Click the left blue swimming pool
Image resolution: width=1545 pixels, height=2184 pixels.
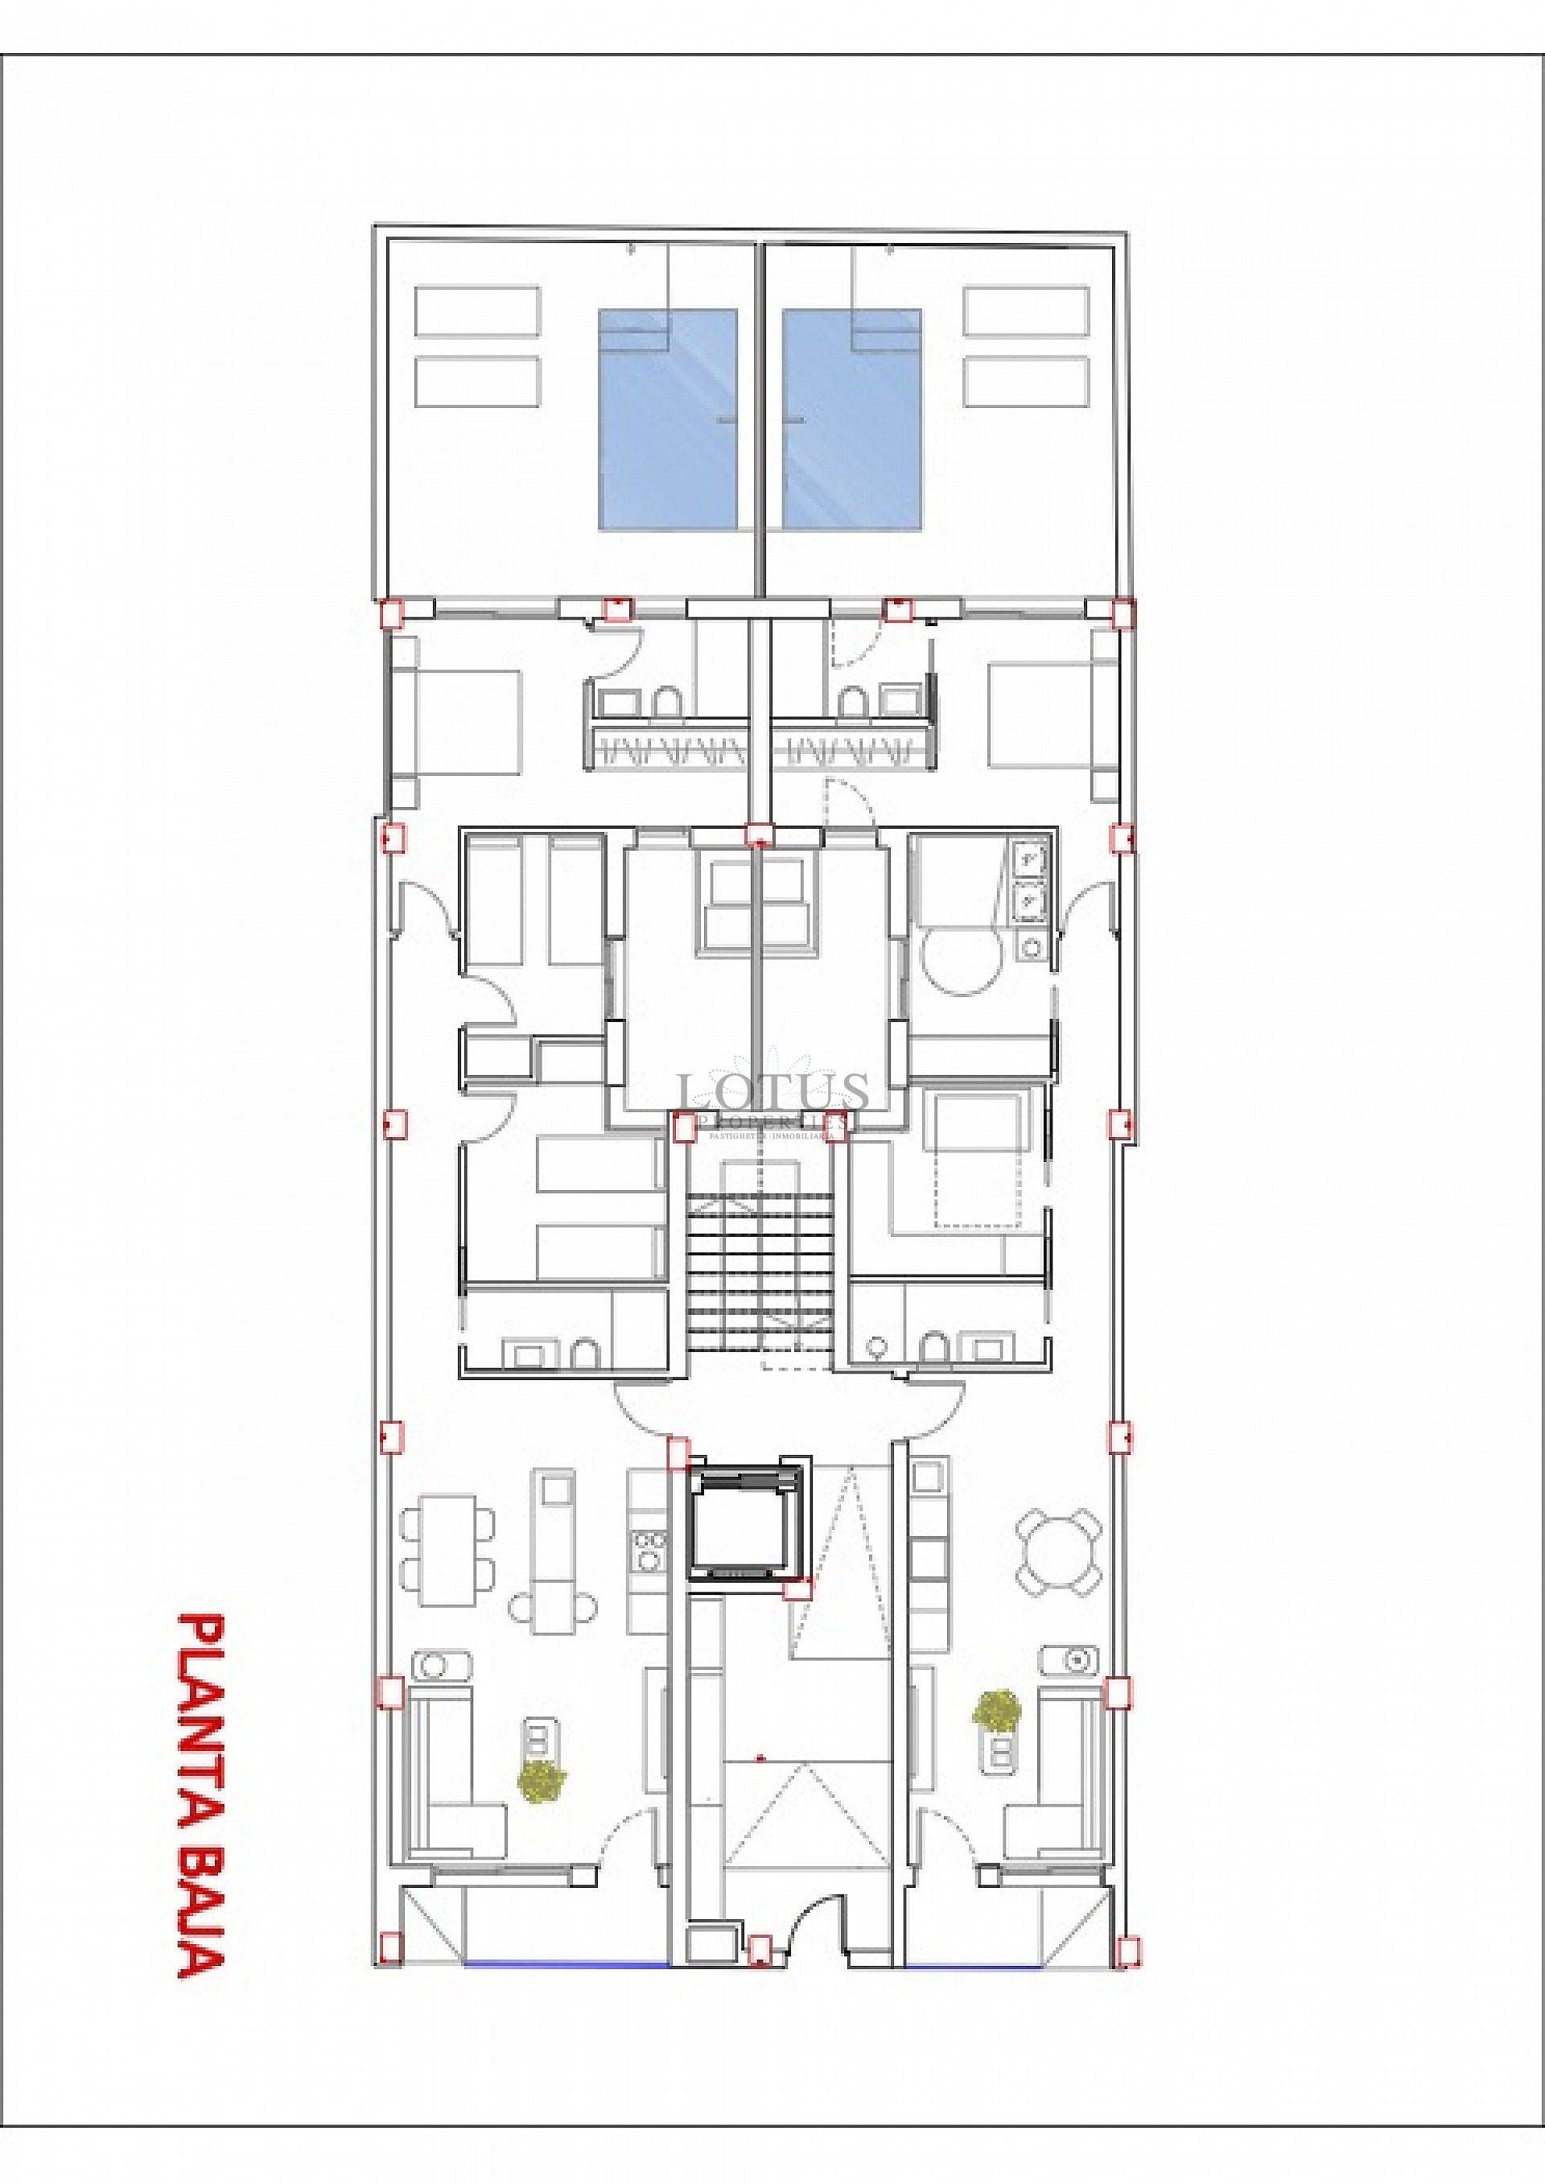668,418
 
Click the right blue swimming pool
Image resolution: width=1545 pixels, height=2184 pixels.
851,418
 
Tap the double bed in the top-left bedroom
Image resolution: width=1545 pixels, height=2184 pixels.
466,721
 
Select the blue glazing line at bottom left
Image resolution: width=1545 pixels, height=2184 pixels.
566,1963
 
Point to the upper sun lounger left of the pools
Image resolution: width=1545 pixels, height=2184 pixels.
477,311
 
